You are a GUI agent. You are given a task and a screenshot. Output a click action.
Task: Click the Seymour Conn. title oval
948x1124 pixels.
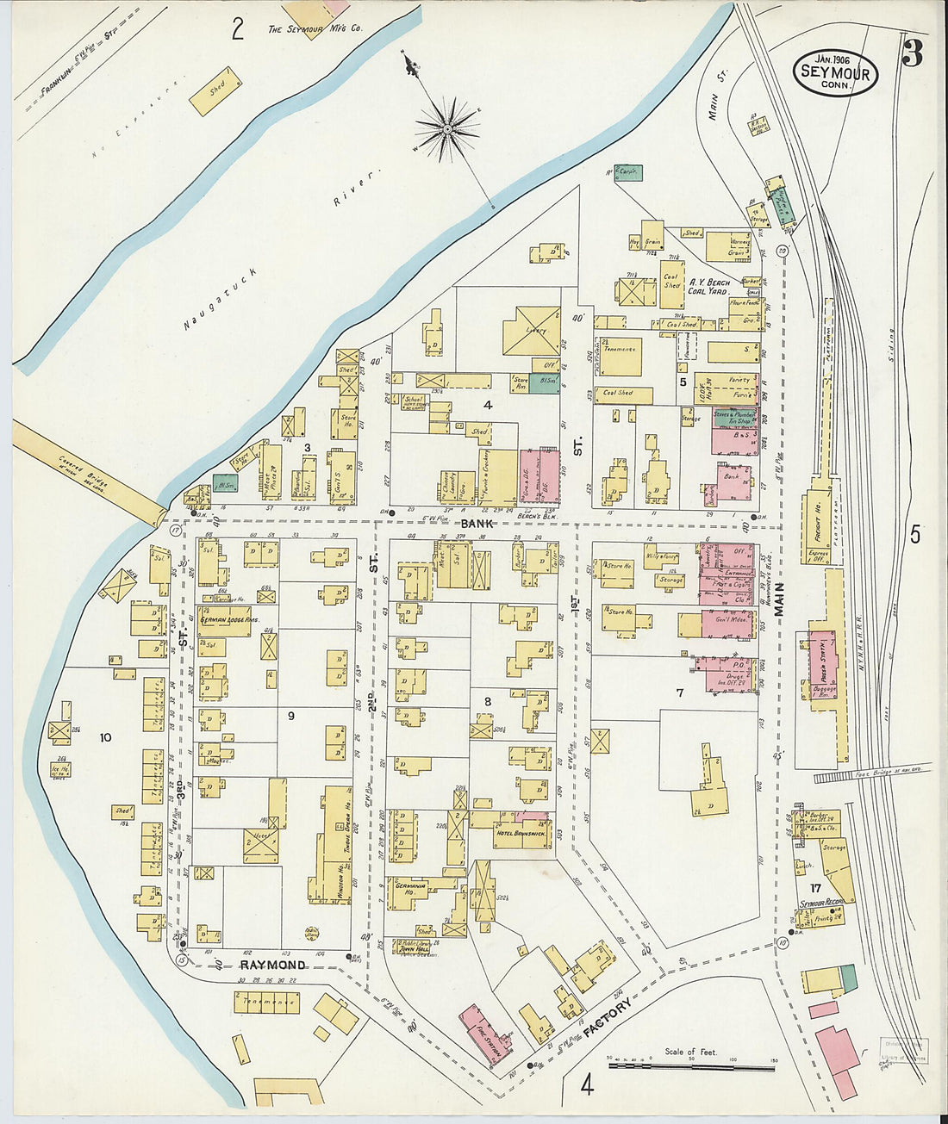pyautogui.click(x=835, y=74)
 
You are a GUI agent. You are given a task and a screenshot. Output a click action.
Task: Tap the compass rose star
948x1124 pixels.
pyautogui.click(x=447, y=129)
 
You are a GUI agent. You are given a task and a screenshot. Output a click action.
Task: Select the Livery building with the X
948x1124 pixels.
pyautogui.click(x=532, y=332)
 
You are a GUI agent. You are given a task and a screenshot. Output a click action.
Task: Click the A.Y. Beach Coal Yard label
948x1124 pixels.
pyautogui.click(x=708, y=287)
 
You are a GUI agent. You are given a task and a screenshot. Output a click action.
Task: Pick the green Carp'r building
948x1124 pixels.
pyautogui.click(x=627, y=173)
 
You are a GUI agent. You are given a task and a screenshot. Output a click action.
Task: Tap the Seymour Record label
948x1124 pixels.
pyautogui.click(x=820, y=903)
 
